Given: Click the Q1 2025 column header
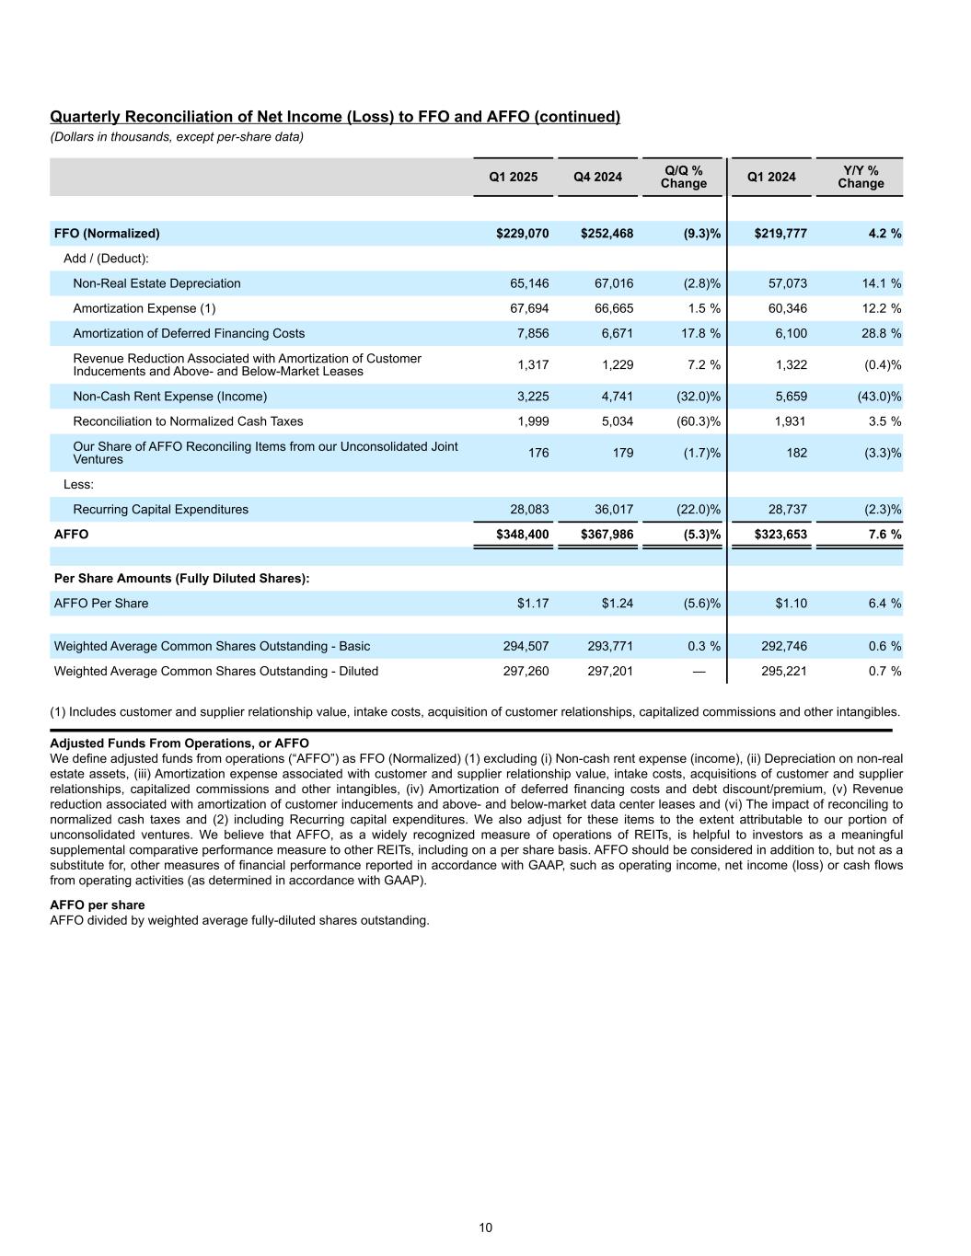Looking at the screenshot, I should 514,177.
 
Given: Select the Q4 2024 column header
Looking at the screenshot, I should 598,177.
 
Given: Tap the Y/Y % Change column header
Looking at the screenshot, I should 861,177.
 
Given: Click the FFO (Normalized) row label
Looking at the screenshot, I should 107,234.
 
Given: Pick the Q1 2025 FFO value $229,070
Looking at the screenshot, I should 522,234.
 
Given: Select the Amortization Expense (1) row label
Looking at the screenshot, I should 144,308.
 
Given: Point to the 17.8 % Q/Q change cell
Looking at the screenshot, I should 700,333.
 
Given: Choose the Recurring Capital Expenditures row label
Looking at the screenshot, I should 160,510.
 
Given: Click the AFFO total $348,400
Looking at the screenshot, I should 522,534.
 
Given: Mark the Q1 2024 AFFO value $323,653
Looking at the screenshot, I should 780,534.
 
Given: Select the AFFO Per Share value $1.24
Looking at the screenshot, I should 618,604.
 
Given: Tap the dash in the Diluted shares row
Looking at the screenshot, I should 699,671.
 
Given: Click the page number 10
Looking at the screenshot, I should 485,1227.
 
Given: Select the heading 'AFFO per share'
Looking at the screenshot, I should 97,905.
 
